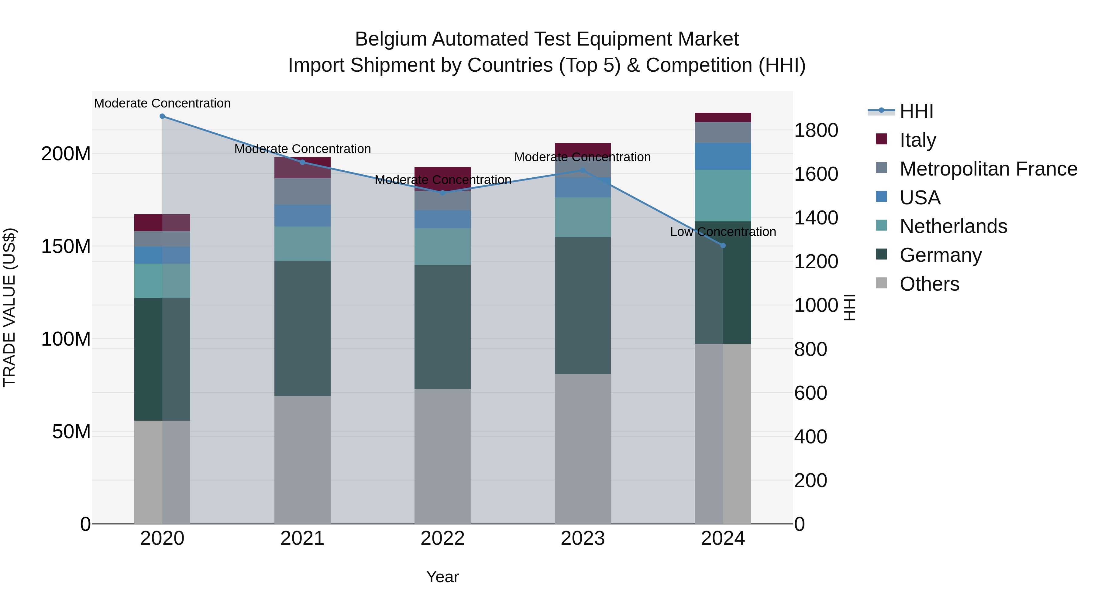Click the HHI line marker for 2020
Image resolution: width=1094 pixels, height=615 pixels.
(x=162, y=116)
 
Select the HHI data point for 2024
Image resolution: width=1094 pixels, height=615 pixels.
(x=723, y=246)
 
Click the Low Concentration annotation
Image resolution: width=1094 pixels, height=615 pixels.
(x=723, y=232)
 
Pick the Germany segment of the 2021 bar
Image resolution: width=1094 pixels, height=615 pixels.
(x=302, y=329)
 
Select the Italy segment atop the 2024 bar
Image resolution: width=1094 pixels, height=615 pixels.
(x=723, y=118)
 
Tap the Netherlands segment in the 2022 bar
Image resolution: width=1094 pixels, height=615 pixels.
(x=442, y=247)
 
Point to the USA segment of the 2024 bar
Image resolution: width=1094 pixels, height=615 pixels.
(x=723, y=157)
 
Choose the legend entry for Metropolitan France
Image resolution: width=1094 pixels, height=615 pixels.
(x=988, y=169)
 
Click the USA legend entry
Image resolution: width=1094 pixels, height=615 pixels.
(x=920, y=198)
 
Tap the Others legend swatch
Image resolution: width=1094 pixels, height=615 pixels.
(x=882, y=283)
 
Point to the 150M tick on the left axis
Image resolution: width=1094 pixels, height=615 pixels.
(x=66, y=247)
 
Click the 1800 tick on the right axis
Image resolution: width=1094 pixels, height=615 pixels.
(x=816, y=130)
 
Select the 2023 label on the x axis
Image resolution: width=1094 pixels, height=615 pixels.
(x=583, y=538)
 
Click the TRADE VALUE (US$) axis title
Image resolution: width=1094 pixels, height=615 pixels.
(x=10, y=307)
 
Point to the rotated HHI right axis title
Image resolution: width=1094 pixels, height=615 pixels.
(x=849, y=307)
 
